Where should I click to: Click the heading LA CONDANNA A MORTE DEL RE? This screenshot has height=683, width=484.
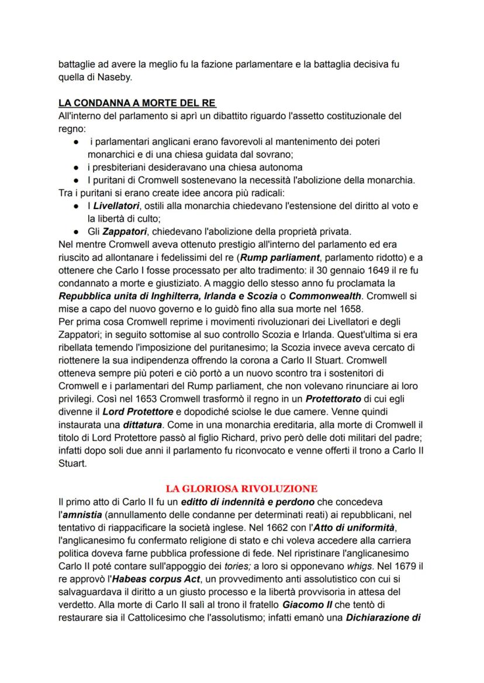pyautogui.click(x=137, y=103)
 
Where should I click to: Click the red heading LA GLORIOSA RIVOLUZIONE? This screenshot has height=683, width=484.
pyautogui.click(x=241, y=488)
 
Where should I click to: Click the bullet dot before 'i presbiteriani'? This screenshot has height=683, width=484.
pyautogui.click(x=76, y=168)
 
